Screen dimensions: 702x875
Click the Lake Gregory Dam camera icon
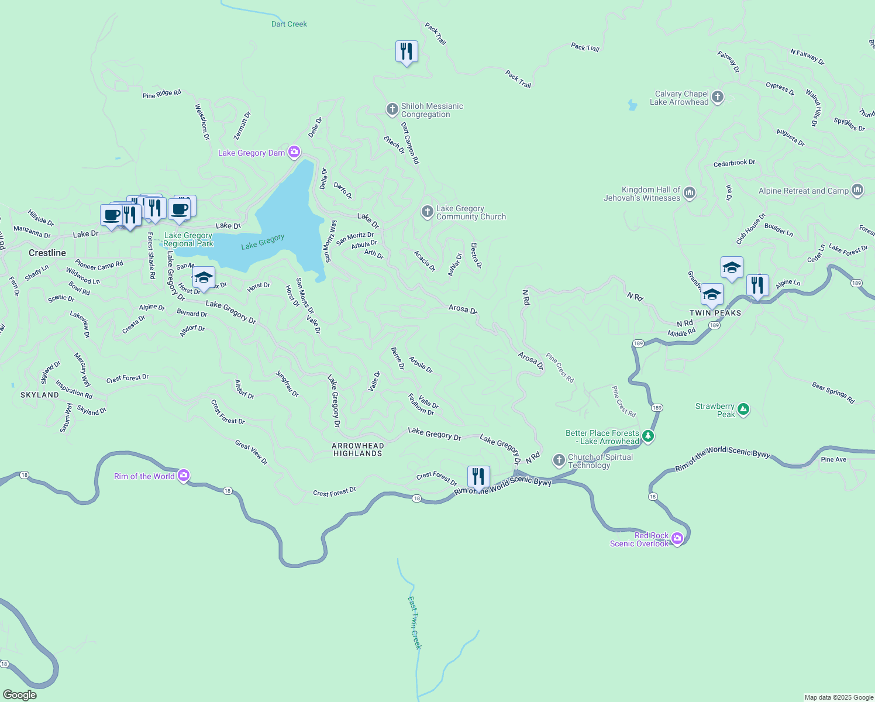tap(294, 153)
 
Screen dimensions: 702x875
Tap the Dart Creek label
tap(289, 24)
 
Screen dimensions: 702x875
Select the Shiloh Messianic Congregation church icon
tap(392, 109)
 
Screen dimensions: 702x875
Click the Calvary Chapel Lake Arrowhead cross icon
tap(718, 98)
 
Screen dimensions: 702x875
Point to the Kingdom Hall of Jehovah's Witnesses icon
tap(690, 193)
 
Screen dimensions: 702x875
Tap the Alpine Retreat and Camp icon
tap(857, 190)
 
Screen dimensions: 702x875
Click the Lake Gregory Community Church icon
tap(428, 212)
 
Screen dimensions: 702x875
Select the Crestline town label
tap(47, 253)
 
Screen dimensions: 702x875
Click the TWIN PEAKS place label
tap(715, 313)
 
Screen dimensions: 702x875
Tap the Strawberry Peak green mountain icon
tap(743, 409)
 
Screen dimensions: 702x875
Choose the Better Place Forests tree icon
tap(648, 436)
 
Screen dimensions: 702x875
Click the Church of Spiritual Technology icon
tap(559, 460)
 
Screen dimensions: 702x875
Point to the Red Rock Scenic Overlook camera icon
tap(677, 539)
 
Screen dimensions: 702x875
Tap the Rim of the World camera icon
tap(184, 476)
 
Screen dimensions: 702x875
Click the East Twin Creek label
tap(414, 622)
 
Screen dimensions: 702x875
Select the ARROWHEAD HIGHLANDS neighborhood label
tap(358, 449)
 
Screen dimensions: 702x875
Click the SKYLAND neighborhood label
tap(40, 395)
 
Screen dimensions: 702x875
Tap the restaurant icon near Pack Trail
tap(407, 52)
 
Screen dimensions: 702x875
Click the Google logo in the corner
tap(20, 695)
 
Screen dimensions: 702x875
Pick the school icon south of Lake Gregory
tap(204, 278)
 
